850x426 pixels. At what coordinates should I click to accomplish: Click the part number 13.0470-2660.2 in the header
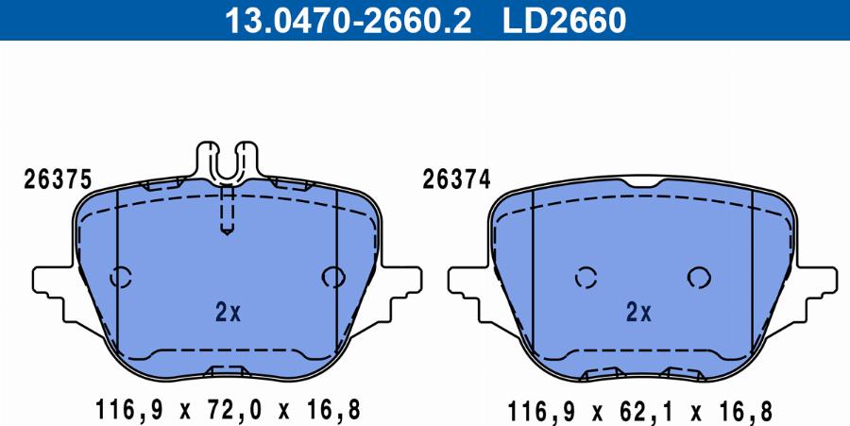(348, 21)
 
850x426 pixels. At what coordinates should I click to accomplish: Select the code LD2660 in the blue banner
(565, 21)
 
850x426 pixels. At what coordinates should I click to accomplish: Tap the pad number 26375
(58, 179)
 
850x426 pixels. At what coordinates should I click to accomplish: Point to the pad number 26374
(456, 179)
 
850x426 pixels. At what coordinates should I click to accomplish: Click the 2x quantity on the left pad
(228, 313)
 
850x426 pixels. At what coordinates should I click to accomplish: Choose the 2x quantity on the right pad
(638, 313)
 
